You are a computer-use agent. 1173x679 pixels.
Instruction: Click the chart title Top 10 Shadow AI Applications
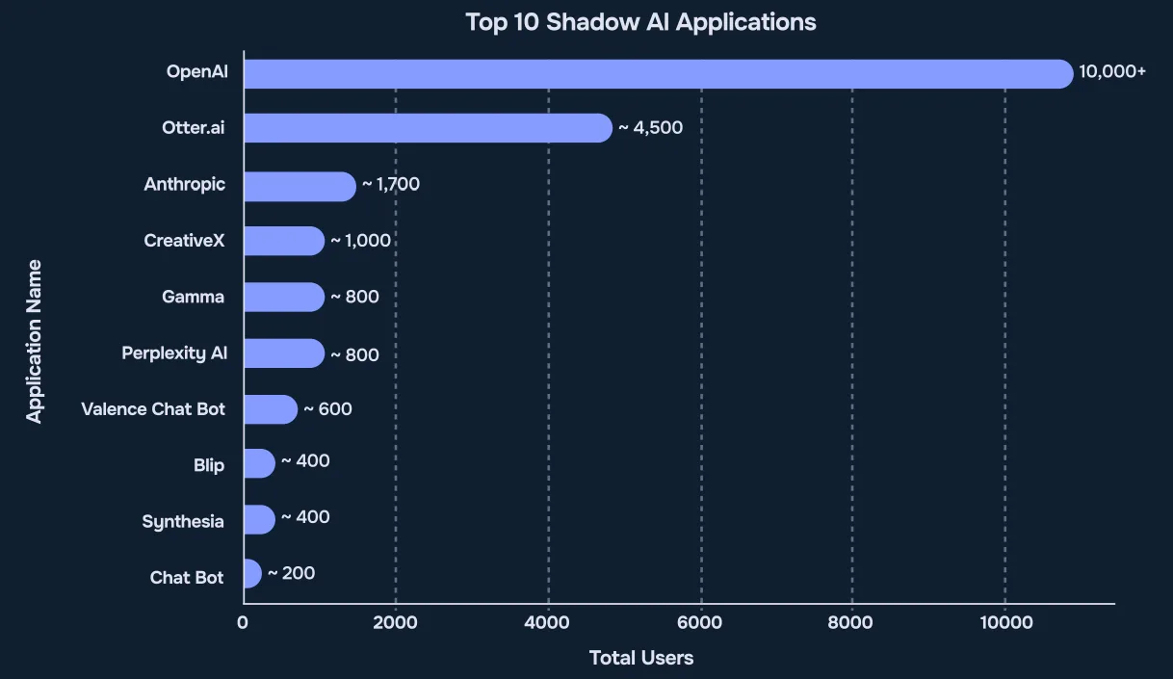(x=640, y=22)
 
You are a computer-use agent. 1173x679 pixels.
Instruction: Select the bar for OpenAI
(x=658, y=73)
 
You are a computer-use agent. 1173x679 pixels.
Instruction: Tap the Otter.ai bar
(x=428, y=128)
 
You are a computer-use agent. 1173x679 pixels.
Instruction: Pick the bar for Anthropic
(x=300, y=186)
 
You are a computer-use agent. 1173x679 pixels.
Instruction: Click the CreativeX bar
(x=284, y=241)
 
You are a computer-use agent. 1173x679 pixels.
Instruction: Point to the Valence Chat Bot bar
(x=271, y=409)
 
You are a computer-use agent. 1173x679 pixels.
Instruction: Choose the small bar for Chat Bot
(x=252, y=574)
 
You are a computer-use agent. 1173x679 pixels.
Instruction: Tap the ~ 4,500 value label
(x=650, y=127)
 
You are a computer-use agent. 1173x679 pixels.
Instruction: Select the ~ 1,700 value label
(x=390, y=183)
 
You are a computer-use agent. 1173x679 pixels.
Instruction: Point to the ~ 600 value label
(x=327, y=409)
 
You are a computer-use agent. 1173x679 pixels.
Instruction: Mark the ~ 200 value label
(x=291, y=573)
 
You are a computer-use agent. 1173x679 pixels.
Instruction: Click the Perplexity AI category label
(x=174, y=353)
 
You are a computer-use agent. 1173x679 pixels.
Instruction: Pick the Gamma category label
(x=193, y=297)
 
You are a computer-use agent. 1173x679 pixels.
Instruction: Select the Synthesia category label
(x=183, y=522)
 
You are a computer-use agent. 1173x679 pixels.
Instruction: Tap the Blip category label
(x=208, y=465)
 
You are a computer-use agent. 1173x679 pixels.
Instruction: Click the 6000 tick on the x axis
(x=700, y=623)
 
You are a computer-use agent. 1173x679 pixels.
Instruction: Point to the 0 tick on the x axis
(x=243, y=623)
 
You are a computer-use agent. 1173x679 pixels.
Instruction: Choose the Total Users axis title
(x=640, y=659)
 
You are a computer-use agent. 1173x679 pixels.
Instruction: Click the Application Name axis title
(x=35, y=341)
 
